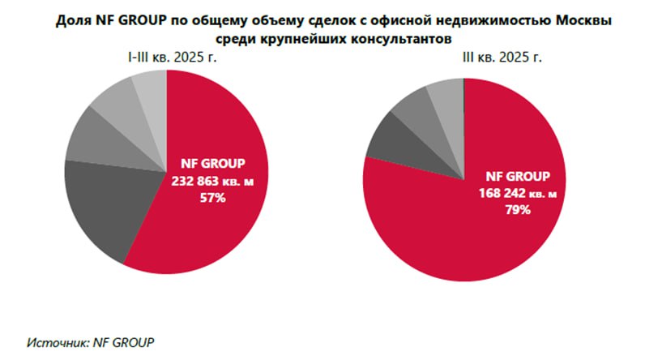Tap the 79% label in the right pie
tap(518, 211)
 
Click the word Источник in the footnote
tap(53, 342)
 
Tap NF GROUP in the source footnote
tap(125, 342)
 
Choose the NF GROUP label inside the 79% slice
tap(518, 176)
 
